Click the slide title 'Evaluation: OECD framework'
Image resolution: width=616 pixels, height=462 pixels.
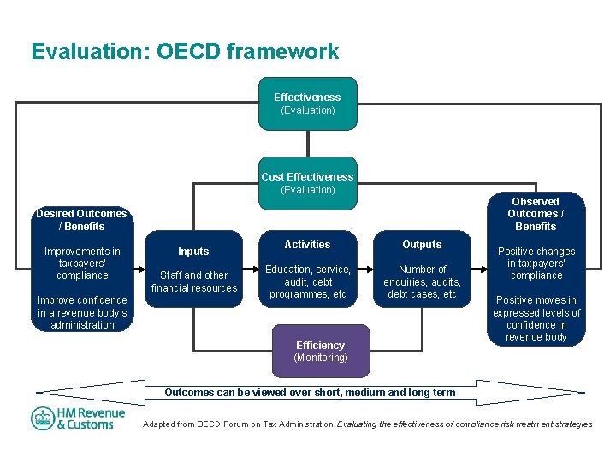185,52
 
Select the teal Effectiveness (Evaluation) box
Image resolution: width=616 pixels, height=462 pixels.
307,104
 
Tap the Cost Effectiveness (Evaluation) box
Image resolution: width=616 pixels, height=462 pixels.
307,183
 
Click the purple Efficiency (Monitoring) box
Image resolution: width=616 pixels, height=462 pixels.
320,351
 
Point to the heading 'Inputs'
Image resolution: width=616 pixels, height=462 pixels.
193,252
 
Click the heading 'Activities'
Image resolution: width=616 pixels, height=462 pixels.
307,245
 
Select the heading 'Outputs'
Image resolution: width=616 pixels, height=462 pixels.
422,245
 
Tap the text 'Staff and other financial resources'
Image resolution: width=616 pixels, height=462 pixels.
194,281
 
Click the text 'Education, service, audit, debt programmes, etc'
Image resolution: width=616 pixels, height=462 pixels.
308,281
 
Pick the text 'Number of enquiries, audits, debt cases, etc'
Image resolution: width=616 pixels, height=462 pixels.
422,281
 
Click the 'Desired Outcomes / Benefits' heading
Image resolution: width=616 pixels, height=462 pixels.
81,220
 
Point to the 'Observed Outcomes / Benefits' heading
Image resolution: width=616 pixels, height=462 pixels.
536,214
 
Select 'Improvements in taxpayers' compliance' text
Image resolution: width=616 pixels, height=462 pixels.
82,264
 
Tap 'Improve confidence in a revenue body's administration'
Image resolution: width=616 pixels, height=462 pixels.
82,312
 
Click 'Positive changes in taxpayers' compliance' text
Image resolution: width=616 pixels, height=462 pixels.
536,264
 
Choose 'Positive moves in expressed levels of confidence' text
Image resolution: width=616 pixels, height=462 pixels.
536,318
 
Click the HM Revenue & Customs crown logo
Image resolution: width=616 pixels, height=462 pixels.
44,418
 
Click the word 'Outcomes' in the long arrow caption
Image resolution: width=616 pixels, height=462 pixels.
188,393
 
